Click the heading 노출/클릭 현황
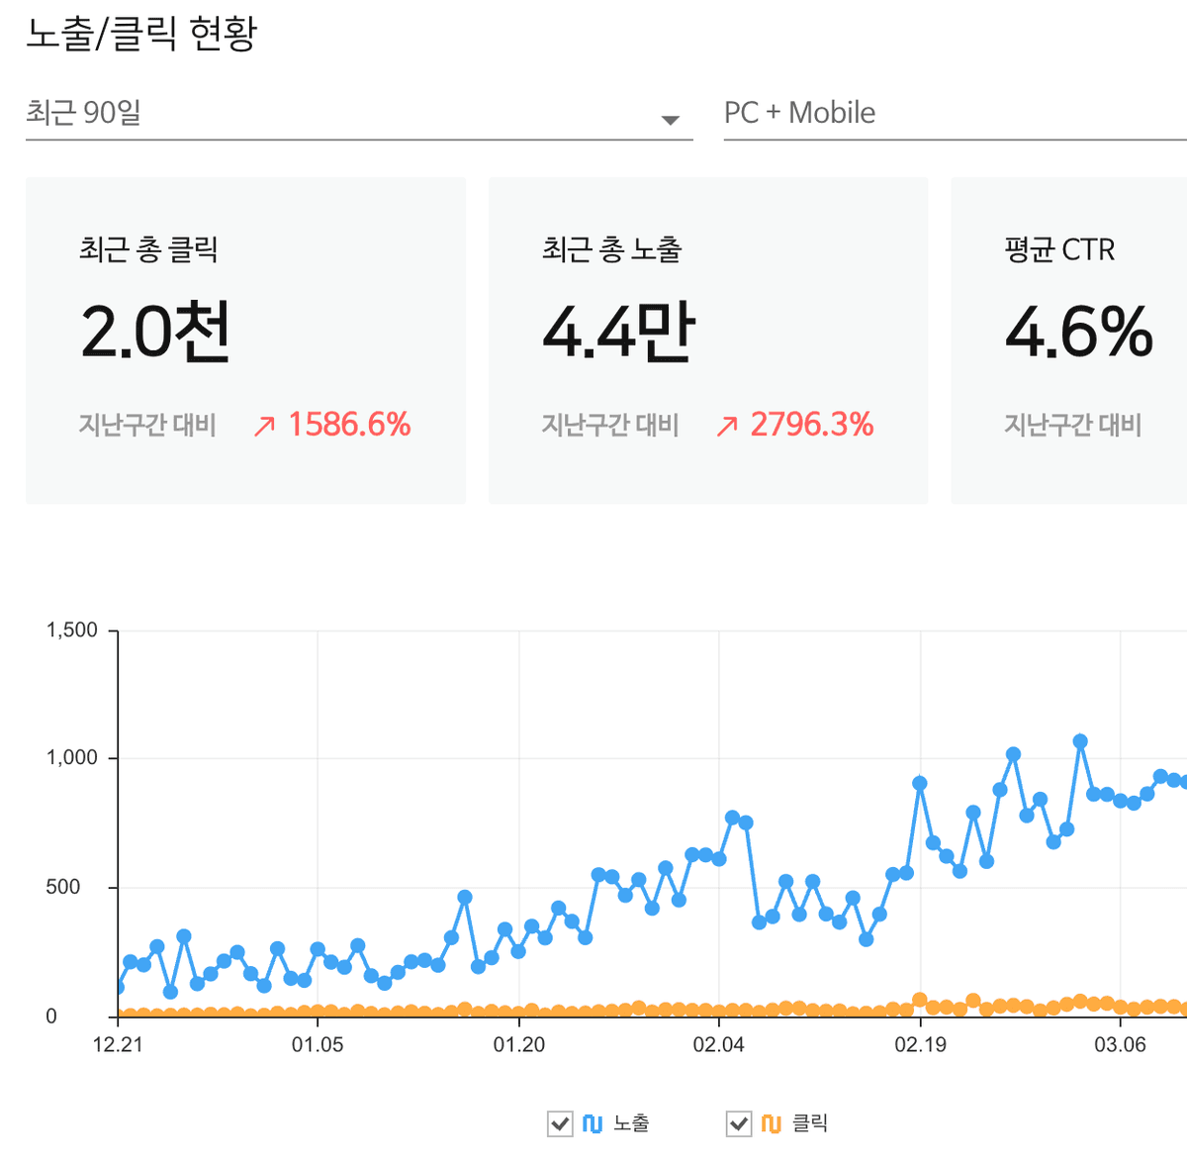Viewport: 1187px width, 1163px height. [x=141, y=34]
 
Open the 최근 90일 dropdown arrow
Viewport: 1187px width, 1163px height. [x=670, y=120]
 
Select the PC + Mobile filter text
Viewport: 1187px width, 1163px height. [x=799, y=113]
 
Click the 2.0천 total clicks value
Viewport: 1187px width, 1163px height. [x=155, y=331]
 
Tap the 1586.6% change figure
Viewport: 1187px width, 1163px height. [x=349, y=425]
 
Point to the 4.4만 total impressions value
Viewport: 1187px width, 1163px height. [x=618, y=331]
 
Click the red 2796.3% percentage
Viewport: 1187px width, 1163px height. [x=811, y=425]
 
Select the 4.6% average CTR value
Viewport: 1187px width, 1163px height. [x=1078, y=331]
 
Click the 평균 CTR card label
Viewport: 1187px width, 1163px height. [x=1059, y=249]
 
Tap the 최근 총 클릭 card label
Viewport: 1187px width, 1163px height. [x=148, y=249]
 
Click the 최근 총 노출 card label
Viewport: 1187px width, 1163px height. [x=611, y=249]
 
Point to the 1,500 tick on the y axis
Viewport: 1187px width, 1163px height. [x=72, y=630]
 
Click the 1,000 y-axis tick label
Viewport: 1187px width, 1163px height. [x=72, y=758]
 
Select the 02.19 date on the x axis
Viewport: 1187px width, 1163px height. [x=920, y=1045]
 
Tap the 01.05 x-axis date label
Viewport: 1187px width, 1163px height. [x=318, y=1045]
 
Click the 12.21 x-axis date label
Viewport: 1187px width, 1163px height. [x=118, y=1045]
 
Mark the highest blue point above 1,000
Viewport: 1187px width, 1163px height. [x=1080, y=741]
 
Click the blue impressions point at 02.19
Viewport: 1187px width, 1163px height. [x=920, y=783]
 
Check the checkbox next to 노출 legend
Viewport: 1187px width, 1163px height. [x=560, y=1123]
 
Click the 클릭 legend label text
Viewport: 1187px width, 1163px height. [x=810, y=1123]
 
